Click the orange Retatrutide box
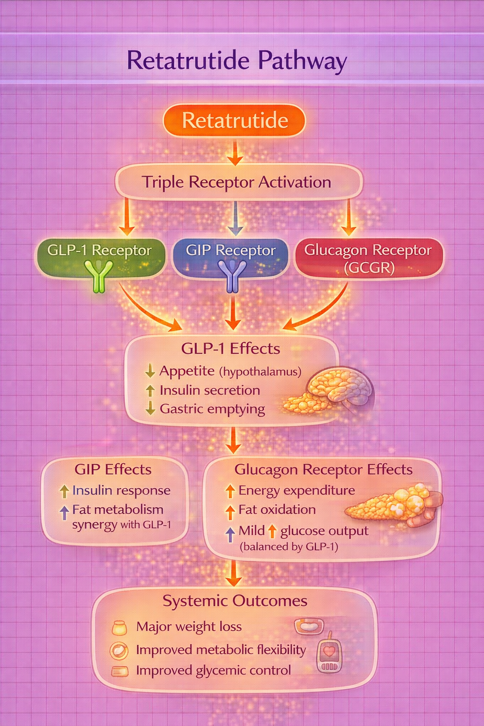point(234,121)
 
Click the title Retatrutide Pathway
point(237,61)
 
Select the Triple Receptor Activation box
point(238,182)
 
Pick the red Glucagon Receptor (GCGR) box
point(369,258)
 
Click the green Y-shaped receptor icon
point(99,275)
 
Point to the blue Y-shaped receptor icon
point(232,276)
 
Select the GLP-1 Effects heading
point(231,348)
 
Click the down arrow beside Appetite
point(150,371)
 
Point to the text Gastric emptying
point(212,408)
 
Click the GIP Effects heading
point(113,469)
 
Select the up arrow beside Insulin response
point(64,491)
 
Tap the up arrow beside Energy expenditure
point(230,491)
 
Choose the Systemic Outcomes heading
point(235,601)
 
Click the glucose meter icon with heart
point(329,652)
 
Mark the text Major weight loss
point(189,627)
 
